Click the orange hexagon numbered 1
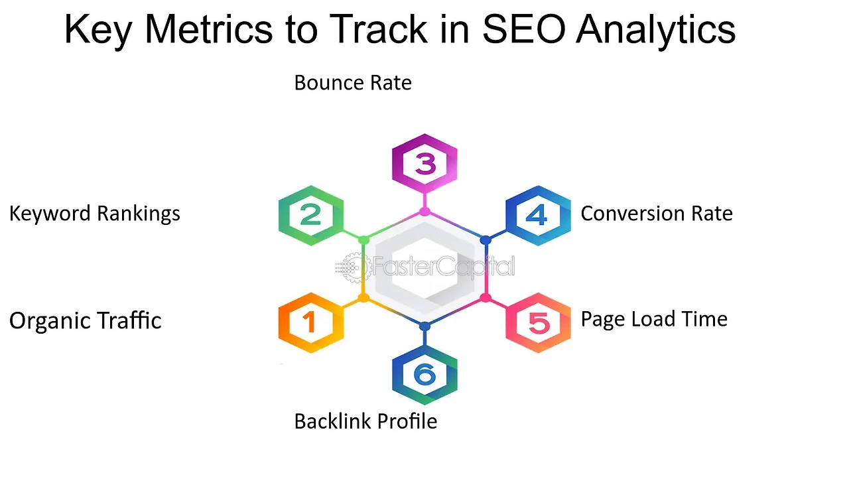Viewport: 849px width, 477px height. point(311,322)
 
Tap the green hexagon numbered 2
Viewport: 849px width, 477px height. point(311,216)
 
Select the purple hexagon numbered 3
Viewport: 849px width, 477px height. point(424,163)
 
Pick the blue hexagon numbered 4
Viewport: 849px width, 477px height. point(538,216)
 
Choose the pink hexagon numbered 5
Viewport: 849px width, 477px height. point(538,322)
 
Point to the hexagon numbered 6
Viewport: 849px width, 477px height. point(424,375)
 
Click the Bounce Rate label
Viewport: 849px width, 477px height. point(353,83)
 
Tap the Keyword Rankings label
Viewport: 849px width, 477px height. point(95,214)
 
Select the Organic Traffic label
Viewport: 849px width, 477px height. point(86,321)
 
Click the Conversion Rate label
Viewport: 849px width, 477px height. point(657,214)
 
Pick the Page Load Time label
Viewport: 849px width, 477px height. point(654,319)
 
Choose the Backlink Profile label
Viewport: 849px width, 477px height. point(365,421)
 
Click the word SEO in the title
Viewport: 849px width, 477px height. point(524,29)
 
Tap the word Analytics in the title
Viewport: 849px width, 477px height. point(656,31)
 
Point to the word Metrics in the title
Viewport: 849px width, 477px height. point(208,29)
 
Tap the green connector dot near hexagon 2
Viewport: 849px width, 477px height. point(363,240)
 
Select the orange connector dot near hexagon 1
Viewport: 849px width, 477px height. point(363,298)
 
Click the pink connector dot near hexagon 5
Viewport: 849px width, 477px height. point(486,298)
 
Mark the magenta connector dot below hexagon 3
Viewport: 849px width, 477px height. point(424,212)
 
